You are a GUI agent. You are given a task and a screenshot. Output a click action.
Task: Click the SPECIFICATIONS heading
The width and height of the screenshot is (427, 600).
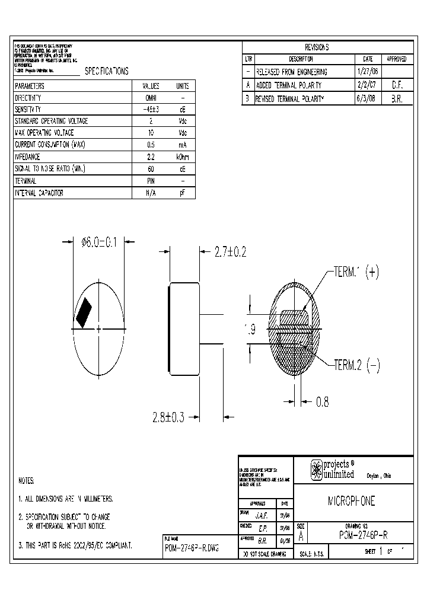[x=106, y=71]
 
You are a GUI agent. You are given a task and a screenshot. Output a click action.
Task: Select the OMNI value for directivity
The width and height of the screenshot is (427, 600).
[x=151, y=97]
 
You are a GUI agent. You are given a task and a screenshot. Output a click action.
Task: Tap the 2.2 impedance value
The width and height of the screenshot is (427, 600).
[x=151, y=157]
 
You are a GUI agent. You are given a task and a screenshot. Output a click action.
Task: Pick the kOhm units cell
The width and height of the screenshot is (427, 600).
[x=183, y=157]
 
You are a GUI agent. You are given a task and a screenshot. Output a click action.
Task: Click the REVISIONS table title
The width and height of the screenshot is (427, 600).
[x=317, y=47]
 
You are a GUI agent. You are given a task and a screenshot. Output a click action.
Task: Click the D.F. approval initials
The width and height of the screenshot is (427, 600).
[x=397, y=85]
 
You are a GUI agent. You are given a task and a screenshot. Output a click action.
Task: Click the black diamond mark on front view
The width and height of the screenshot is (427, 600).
[x=84, y=312]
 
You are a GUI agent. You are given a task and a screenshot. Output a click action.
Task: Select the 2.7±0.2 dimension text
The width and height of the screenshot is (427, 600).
[x=229, y=253]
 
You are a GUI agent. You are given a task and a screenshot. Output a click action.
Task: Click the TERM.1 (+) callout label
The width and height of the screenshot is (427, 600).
[x=356, y=272]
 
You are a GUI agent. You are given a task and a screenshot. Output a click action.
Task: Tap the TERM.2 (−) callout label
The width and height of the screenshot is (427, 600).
[x=356, y=364]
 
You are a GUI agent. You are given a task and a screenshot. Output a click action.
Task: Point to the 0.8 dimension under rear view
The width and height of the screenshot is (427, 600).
[x=322, y=402]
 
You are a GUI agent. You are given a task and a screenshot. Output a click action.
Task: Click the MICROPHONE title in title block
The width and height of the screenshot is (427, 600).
[x=352, y=501]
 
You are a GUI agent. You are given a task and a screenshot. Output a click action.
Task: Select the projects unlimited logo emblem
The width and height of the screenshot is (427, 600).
[x=316, y=470]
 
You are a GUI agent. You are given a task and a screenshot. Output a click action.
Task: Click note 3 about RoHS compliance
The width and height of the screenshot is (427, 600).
[x=75, y=544]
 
